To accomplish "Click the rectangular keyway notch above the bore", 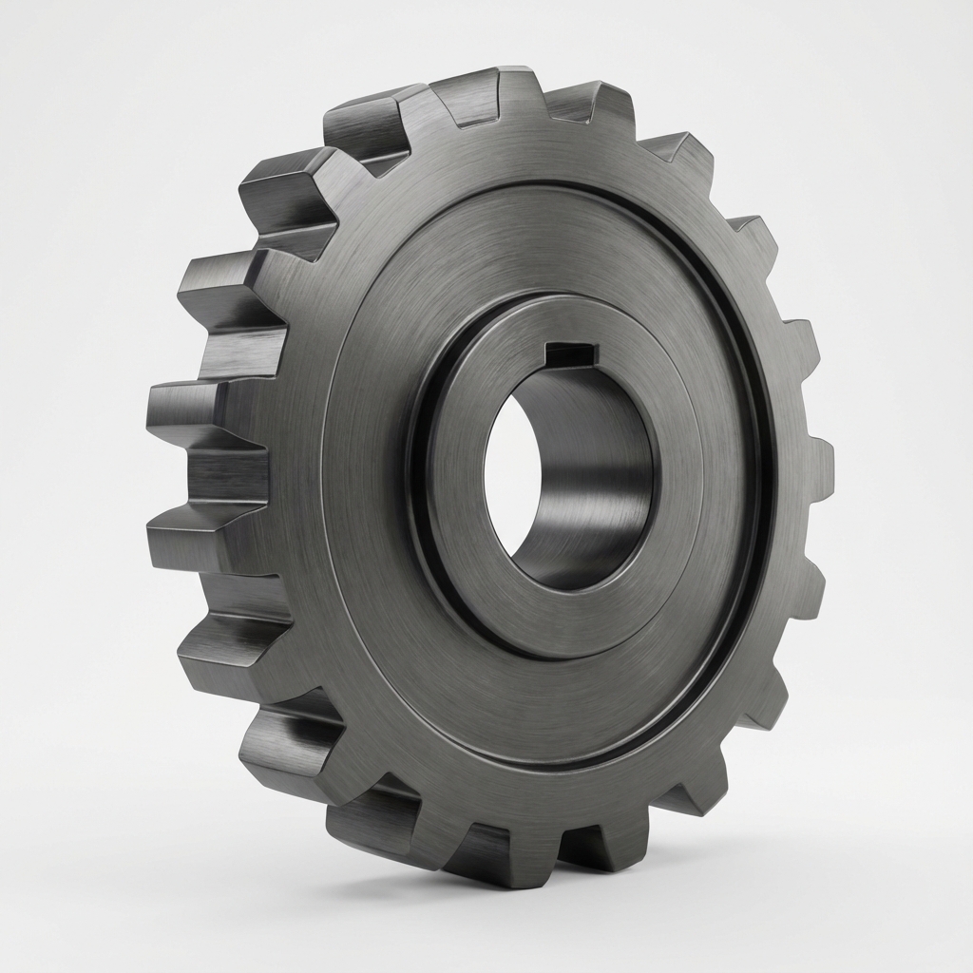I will pyautogui.click(x=568, y=355).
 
